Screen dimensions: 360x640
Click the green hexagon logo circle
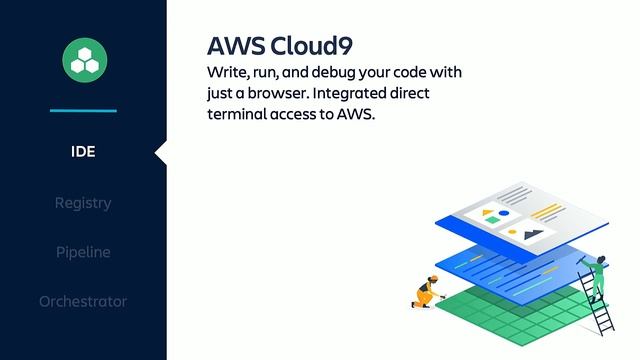click(83, 60)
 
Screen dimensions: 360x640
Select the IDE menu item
click(83, 152)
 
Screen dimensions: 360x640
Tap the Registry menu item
click(83, 203)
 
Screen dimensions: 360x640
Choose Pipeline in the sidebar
click(83, 252)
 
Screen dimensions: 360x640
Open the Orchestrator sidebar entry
click(83, 301)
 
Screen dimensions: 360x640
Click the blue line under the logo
click(83, 110)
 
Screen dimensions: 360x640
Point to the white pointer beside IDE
click(161, 152)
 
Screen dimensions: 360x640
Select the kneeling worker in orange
click(427, 292)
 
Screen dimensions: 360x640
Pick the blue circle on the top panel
click(504, 213)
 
